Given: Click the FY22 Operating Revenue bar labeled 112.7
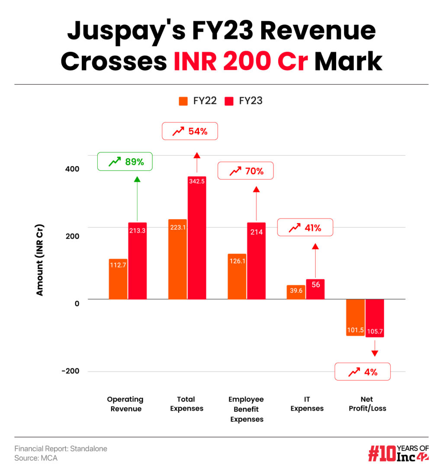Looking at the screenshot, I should click(x=118, y=279).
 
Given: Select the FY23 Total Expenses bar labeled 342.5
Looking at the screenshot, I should click(x=196, y=237).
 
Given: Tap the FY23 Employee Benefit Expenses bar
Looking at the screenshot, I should click(x=256, y=260).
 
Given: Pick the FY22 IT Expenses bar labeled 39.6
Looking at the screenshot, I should click(x=296, y=292).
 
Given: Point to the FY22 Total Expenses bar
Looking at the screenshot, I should click(x=177, y=259).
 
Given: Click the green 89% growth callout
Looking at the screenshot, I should click(x=125, y=161).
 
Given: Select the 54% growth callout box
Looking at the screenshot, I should click(x=189, y=131).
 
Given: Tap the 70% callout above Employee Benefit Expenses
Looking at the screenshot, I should click(x=245, y=171).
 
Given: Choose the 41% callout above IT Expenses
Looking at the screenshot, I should click(x=305, y=227).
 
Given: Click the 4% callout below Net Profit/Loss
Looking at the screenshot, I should click(x=363, y=372).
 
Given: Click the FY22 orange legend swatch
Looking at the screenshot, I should click(x=183, y=101).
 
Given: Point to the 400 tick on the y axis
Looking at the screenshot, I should click(x=72, y=169).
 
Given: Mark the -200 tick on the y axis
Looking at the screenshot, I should click(x=70, y=371).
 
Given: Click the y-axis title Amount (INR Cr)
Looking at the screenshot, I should click(x=40, y=260).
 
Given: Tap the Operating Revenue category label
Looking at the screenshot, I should click(x=125, y=404).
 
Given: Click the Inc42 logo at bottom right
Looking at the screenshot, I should click(x=398, y=453).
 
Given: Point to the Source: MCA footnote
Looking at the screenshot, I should click(x=36, y=458).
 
